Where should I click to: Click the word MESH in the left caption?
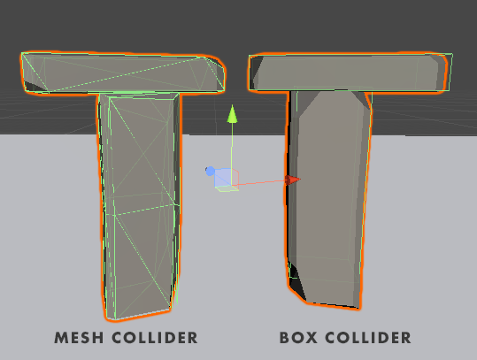tap(79, 338)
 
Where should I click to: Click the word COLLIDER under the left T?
tap(155, 338)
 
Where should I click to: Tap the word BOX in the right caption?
tap(298, 338)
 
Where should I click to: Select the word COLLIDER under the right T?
tap(368, 338)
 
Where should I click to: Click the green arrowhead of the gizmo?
tap(233, 114)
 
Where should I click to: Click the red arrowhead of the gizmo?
tap(293, 180)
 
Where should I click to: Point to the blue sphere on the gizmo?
tap(210, 172)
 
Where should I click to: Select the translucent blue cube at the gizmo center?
tap(226, 178)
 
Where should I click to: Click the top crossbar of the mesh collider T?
tap(123, 73)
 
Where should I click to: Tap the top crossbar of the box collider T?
tap(350, 73)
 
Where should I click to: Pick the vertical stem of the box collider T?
tap(328, 197)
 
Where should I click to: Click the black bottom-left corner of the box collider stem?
tap(296, 283)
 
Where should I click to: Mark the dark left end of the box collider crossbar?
tap(256, 72)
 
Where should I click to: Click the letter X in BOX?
tap(312, 338)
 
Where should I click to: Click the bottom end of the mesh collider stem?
tap(138, 315)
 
